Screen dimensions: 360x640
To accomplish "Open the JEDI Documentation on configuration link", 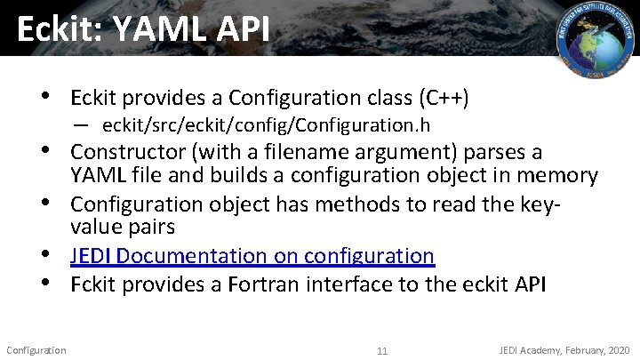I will (252, 256).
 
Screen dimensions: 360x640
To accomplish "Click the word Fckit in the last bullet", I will (95, 285).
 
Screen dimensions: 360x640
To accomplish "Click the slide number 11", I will (382, 350).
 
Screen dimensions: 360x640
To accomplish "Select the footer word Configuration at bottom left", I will (36, 349).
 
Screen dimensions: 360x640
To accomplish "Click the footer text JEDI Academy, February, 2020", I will (564, 349).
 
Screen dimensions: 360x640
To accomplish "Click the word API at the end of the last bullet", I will (532, 285).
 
